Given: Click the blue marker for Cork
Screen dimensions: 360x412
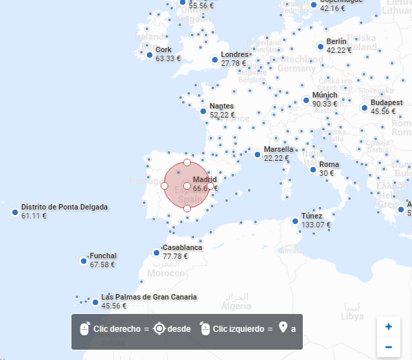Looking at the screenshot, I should tap(148, 54).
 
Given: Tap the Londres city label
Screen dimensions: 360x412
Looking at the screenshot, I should tap(234, 54).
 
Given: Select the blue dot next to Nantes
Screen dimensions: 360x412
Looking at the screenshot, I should tap(203, 111).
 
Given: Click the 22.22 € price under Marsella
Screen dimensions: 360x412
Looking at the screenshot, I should tap(277, 158).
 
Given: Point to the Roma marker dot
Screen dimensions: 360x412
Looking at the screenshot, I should tap(312, 169).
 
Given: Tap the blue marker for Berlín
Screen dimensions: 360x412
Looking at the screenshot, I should tap(320, 46).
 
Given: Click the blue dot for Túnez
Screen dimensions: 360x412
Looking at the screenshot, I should tap(295, 221).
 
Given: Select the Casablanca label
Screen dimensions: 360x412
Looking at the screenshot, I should tap(182, 247).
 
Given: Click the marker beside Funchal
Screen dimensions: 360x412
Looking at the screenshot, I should tap(83, 261).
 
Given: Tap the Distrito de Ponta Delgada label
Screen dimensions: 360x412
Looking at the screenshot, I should tap(65, 207).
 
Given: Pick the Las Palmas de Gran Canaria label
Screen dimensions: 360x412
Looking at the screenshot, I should tap(149, 297).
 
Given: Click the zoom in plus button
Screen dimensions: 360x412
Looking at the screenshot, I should tap(389, 326).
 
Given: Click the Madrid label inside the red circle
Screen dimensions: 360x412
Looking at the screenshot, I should tap(205, 179).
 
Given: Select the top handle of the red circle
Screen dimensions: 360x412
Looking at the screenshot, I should tap(187, 163).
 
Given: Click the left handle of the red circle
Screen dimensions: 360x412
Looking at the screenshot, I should tap(164, 185).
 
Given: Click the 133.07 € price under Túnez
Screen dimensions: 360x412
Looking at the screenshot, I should tap(316, 225).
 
